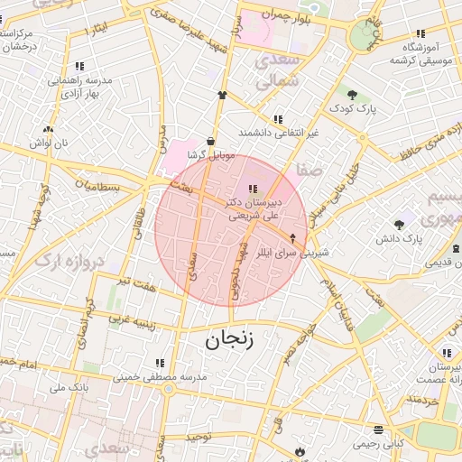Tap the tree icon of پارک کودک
(352, 94)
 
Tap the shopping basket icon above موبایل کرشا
(210, 141)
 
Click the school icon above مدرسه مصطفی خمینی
(160, 363)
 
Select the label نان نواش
(48, 143)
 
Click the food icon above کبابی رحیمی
(378, 430)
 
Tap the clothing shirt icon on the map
(222, 94)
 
